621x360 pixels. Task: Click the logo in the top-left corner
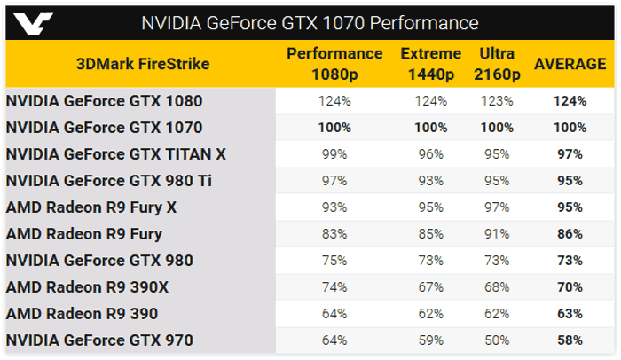[28, 21]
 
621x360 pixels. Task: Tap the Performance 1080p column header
[334, 64]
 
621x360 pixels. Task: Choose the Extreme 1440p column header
[430, 64]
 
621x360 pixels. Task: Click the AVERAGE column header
[570, 64]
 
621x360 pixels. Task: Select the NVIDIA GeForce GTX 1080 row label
[104, 101]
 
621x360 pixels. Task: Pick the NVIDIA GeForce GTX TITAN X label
[115, 154]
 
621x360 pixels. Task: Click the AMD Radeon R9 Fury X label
[91, 207]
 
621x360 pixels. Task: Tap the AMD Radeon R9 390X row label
[89, 287]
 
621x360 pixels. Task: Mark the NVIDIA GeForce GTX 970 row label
[98, 340]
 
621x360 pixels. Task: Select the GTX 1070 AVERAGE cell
[570, 128]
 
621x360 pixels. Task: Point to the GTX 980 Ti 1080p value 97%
[334, 181]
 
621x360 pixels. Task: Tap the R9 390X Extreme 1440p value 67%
[430, 287]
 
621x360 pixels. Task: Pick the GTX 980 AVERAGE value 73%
[570, 261]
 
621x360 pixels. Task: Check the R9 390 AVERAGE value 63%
[570, 314]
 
